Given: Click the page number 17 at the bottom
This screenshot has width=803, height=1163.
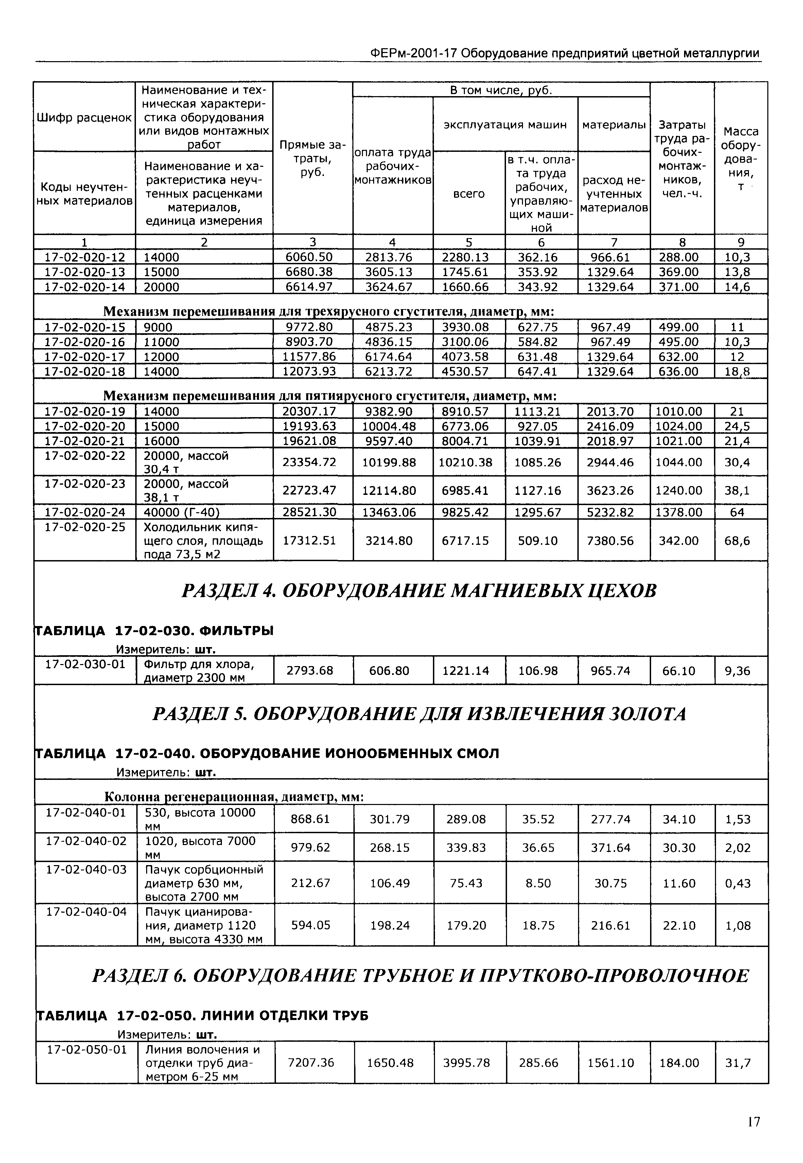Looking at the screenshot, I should coord(753,1122).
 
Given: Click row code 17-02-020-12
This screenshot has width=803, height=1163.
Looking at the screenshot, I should coord(85,257).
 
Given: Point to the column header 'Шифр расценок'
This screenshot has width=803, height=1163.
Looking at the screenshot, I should coord(84,118).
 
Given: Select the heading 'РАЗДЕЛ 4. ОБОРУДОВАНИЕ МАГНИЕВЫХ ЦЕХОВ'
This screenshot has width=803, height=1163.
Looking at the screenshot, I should coord(419,591).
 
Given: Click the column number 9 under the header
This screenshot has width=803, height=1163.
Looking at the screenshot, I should coord(740,243).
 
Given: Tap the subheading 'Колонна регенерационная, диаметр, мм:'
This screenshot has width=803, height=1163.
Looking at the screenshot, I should coord(233,798).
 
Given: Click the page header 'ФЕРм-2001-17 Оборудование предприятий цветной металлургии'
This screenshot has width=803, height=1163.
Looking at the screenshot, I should coord(564,53).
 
